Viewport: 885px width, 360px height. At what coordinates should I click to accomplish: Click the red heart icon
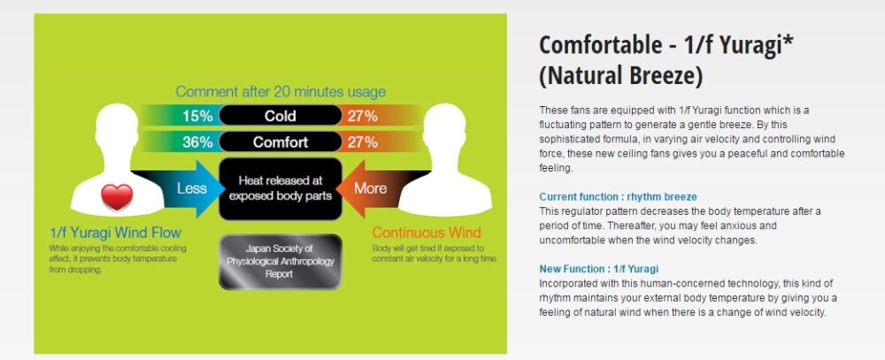tap(117, 197)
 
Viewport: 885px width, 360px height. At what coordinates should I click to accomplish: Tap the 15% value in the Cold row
tap(197, 116)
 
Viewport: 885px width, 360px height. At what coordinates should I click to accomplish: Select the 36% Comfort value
tap(197, 142)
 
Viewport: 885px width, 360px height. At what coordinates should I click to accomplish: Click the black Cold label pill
tap(281, 116)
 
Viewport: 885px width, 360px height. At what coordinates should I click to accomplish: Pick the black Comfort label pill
tap(281, 142)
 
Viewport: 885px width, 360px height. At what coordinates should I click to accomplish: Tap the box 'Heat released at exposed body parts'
tap(281, 188)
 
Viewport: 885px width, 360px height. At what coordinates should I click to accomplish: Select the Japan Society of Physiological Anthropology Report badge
tap(281, 262)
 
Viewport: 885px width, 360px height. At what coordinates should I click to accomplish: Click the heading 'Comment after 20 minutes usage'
tap(281, 92)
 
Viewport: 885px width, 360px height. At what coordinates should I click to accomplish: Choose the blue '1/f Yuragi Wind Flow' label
tap(115, 233)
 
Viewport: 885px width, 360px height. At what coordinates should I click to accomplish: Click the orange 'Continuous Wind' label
tap(427, 233)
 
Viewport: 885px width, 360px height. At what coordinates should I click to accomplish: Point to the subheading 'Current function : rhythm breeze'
tap(618, 197)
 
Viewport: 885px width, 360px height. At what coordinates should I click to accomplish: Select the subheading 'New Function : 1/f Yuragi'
tap(599, 269)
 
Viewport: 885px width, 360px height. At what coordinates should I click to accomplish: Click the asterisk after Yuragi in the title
tap(789, 41)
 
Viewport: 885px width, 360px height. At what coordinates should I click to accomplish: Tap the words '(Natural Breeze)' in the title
tap(621, 75)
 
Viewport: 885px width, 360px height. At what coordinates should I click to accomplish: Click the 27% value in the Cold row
tap(362, 116)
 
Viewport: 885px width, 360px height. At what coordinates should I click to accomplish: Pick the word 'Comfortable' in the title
tap(599, 45)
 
